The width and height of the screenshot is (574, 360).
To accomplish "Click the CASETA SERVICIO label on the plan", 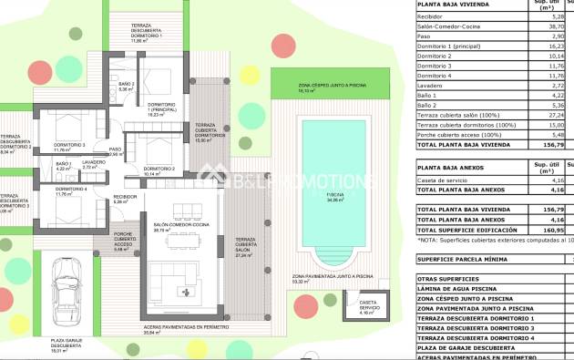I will tap(368, 303).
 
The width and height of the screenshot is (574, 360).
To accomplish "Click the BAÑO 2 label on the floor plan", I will tap(127, 86).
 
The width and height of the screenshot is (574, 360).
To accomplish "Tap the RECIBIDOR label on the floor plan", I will tap(126, 196).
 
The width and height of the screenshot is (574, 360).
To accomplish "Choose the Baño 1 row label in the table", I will tap(430, 94).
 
